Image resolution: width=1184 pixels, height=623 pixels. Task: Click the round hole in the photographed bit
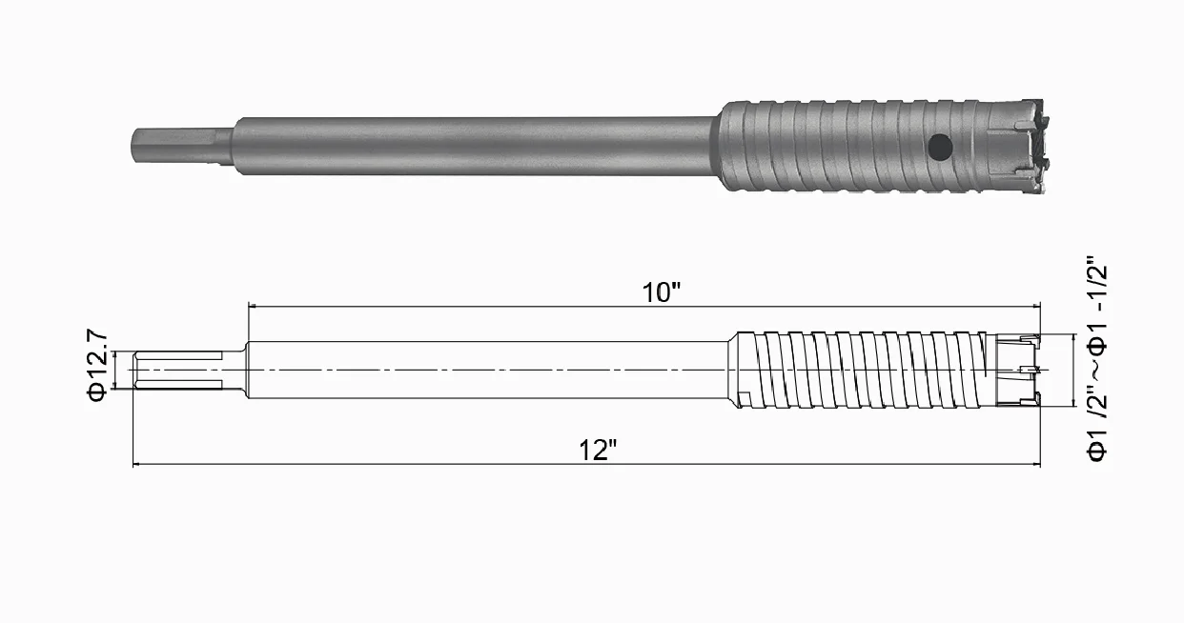939,147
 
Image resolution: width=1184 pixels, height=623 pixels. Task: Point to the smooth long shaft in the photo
477,146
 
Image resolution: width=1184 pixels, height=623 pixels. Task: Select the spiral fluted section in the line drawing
858,370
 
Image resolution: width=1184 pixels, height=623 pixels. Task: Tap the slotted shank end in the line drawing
176,370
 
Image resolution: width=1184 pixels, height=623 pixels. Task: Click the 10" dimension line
477,307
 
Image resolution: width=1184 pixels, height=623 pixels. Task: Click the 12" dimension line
381,466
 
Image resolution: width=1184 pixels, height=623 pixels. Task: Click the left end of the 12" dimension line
133,466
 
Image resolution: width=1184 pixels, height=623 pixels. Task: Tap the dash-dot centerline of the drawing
572,370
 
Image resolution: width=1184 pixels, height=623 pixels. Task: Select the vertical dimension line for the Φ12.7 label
114,370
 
